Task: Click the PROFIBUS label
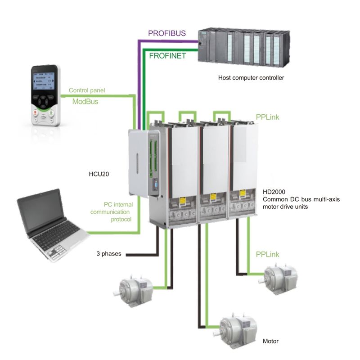tap(166, 33)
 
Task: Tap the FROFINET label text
tap(167, 56)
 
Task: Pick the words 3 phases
tap(108, 253)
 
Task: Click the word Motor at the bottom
tap(270, 342)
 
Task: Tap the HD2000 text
tap(273, 191)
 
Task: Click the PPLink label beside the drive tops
tap(267, 117)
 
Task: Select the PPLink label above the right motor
tap(267, 255)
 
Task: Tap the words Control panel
tap(86, 90)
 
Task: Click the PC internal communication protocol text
tap(110, 211)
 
